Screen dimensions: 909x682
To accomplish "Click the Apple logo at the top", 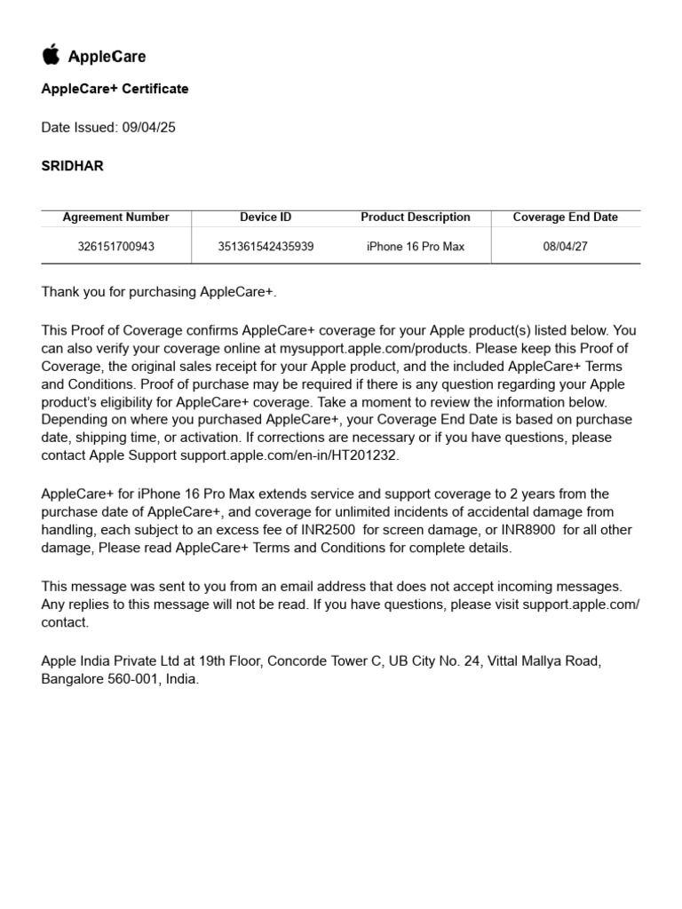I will click(51, 54).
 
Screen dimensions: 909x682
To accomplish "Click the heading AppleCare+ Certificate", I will click(115, 89).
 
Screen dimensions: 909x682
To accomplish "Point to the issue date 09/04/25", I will click(148, 128).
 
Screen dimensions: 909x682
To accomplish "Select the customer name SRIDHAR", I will click(72, 166).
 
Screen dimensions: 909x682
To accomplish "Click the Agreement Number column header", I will click(115, 217).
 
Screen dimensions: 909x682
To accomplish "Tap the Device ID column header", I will click(266, 217).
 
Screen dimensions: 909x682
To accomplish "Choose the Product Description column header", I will click(415, 217).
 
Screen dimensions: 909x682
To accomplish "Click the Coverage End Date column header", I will click(565, 217).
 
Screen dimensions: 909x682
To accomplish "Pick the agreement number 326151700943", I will click(115, 247).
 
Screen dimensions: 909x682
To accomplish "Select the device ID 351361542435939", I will click(266, 247).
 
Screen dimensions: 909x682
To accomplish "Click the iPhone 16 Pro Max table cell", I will click(415, 247).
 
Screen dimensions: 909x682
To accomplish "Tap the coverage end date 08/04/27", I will click(565, 247).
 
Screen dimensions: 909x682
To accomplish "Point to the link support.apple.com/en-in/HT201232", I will click(289, 455).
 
